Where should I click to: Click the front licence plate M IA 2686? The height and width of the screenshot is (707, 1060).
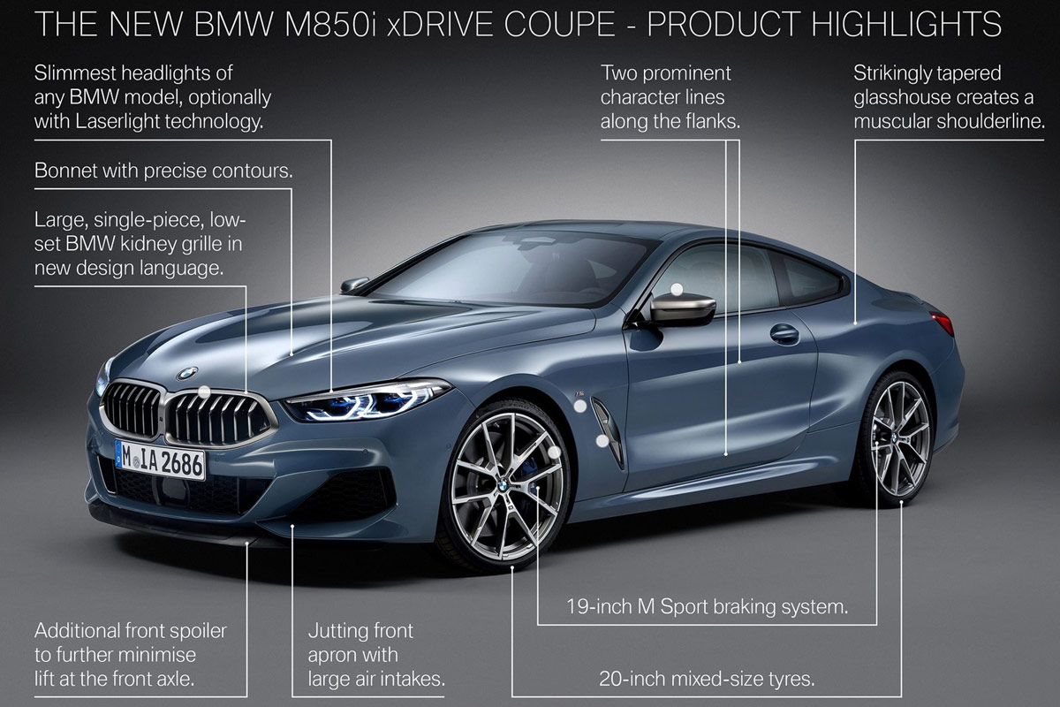coord(160,460)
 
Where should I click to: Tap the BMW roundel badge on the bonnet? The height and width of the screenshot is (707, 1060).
coord(187,373)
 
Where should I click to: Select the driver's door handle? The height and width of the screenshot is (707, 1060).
coord(784,334)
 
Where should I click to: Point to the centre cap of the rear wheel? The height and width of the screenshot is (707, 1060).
coord(898,437)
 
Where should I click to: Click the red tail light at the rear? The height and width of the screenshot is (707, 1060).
coord(943,323)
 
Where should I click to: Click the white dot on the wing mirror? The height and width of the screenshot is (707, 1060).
coord(677,289)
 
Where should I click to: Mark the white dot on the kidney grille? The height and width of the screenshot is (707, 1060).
coord(203,390)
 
